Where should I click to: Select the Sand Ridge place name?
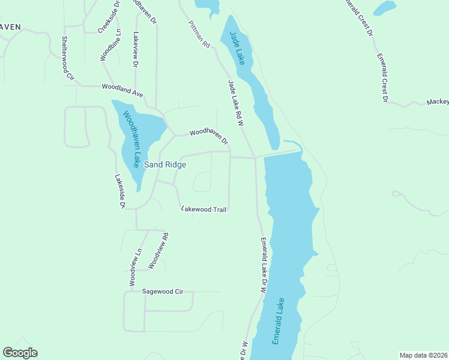coord(164,164)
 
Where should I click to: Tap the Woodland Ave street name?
coord(122,88)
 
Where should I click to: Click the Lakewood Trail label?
coord(203,209)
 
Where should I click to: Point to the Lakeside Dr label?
coord(119,191)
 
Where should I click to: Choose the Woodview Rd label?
coord(155,250)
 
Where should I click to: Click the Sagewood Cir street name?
coord(162,292)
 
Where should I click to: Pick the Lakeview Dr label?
coord(136,49)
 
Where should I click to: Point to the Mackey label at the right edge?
coord(438,102)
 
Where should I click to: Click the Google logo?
coord(20,353)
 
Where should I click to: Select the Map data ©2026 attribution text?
coord(424,355)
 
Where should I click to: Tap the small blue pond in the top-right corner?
coord(384,8)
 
